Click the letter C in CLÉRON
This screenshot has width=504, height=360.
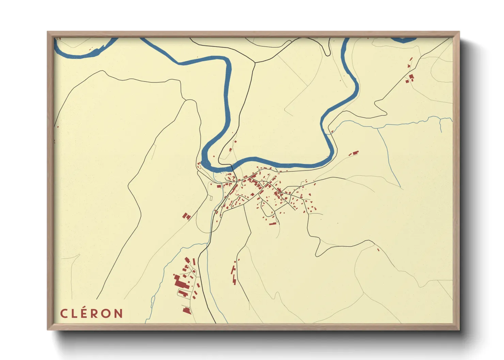tap(63, 313)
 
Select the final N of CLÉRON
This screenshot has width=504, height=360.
tap(118, 313)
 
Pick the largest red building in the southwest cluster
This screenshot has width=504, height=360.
tap(178, 282)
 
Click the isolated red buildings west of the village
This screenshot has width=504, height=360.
tap(187, 216)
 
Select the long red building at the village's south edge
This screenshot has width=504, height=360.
tap(273, 224)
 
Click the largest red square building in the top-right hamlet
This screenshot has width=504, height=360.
tap(411, 77)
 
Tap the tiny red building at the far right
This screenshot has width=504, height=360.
tap(378, 250)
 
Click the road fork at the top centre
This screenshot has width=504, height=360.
tap(255, 63)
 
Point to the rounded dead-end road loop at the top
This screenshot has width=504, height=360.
tap(327, 53)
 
